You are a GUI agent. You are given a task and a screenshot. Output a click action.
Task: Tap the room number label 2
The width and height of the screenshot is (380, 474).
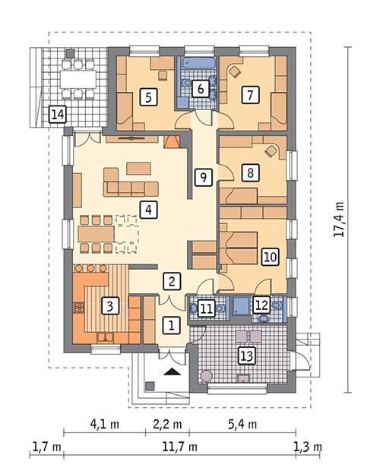[173, 282]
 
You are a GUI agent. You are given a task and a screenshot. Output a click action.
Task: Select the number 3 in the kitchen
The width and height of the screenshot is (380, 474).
[110, 306]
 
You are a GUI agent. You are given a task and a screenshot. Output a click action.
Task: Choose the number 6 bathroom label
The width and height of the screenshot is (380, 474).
[201, 88]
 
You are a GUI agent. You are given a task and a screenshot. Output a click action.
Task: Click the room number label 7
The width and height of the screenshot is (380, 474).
[247, 95]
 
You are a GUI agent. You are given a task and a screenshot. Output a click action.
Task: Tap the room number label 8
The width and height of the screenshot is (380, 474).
[249, 172]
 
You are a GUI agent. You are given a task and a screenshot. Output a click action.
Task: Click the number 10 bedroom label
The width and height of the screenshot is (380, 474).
[269, 256]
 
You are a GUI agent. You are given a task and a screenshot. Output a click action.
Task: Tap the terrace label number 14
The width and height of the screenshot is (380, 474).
[57, 115]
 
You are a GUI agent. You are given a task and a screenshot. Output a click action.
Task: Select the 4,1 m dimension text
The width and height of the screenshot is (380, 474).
[103, 424]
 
